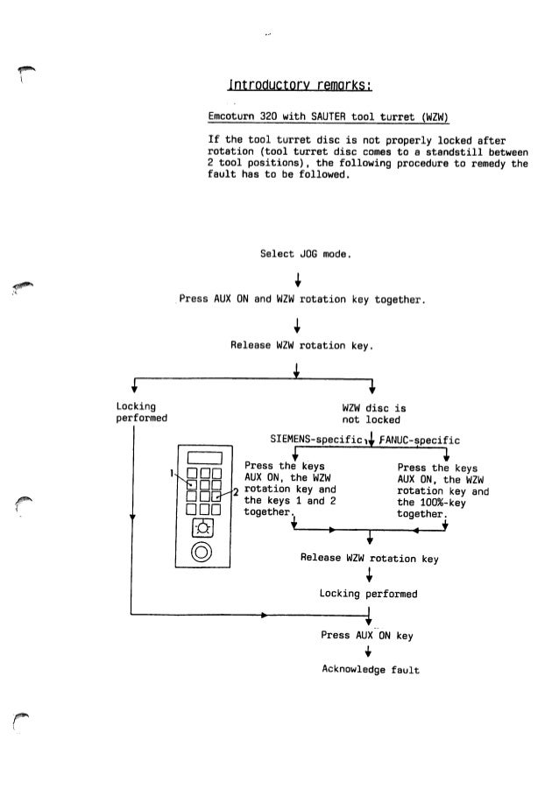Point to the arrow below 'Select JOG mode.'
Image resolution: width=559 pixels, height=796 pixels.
coord(299,280)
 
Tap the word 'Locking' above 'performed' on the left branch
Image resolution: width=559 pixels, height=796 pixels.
coord(136,406)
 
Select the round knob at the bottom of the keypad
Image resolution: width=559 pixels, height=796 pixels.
coord(202,551)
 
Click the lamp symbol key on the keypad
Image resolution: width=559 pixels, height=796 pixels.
coord(202,527)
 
